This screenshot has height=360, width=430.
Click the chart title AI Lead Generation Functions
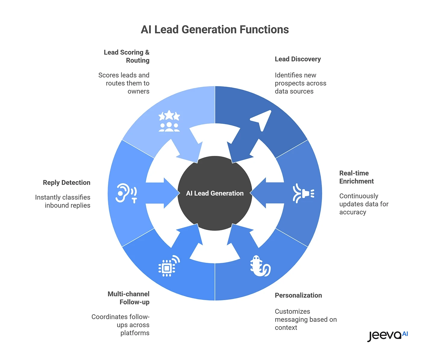pos(215,29)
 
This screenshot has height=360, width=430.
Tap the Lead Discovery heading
pos(298,59)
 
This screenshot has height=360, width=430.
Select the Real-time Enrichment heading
pos(356,177)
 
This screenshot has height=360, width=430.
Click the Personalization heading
pos(298,296)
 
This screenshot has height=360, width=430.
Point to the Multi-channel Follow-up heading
pos(129,298)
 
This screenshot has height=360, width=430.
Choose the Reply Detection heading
pos(67,183)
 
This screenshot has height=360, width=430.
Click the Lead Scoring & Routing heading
pos(127,56)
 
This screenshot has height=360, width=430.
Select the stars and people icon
pos(169,121)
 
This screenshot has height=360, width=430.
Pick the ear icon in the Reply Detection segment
pos(126,193)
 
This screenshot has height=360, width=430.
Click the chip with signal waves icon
pos(169,266)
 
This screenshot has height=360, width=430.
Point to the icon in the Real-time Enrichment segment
pos(304,193)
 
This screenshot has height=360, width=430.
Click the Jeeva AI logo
pos(387,335)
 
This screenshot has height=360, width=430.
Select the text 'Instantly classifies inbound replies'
pos(63,201)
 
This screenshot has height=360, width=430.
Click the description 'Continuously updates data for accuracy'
pos(363,204)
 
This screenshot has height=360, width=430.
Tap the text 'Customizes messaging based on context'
pos(305,319)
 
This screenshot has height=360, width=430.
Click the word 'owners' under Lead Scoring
pos(138,92)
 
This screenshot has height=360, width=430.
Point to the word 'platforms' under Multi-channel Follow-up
pos(135,333)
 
